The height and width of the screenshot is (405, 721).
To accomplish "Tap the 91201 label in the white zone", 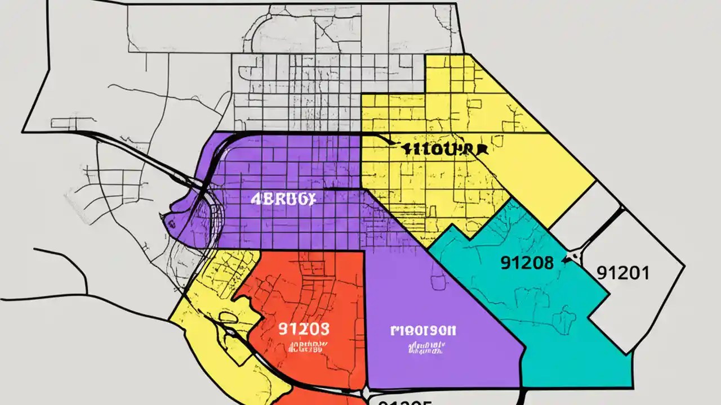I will [x=622, y=273].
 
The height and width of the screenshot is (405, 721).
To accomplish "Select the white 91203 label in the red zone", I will [x=304, y=328].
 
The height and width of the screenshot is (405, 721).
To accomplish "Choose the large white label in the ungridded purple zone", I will [x=423, y=330].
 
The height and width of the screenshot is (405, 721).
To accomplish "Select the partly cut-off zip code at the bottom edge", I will [x=404, y=400].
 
